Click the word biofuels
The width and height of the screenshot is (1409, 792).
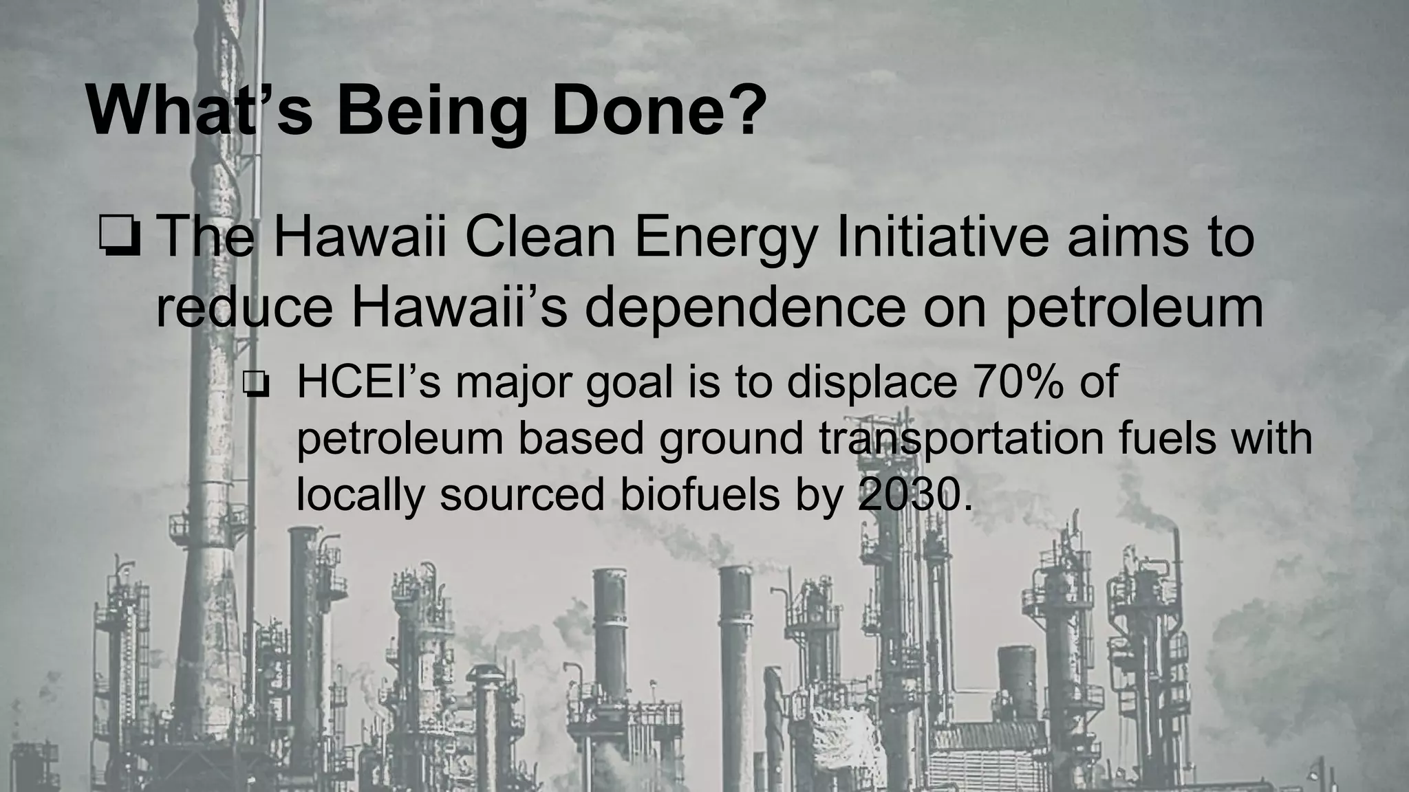pyautogui.click(x=700, y=494)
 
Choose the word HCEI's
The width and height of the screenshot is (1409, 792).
pyautogui.click(x=368, y=382)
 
